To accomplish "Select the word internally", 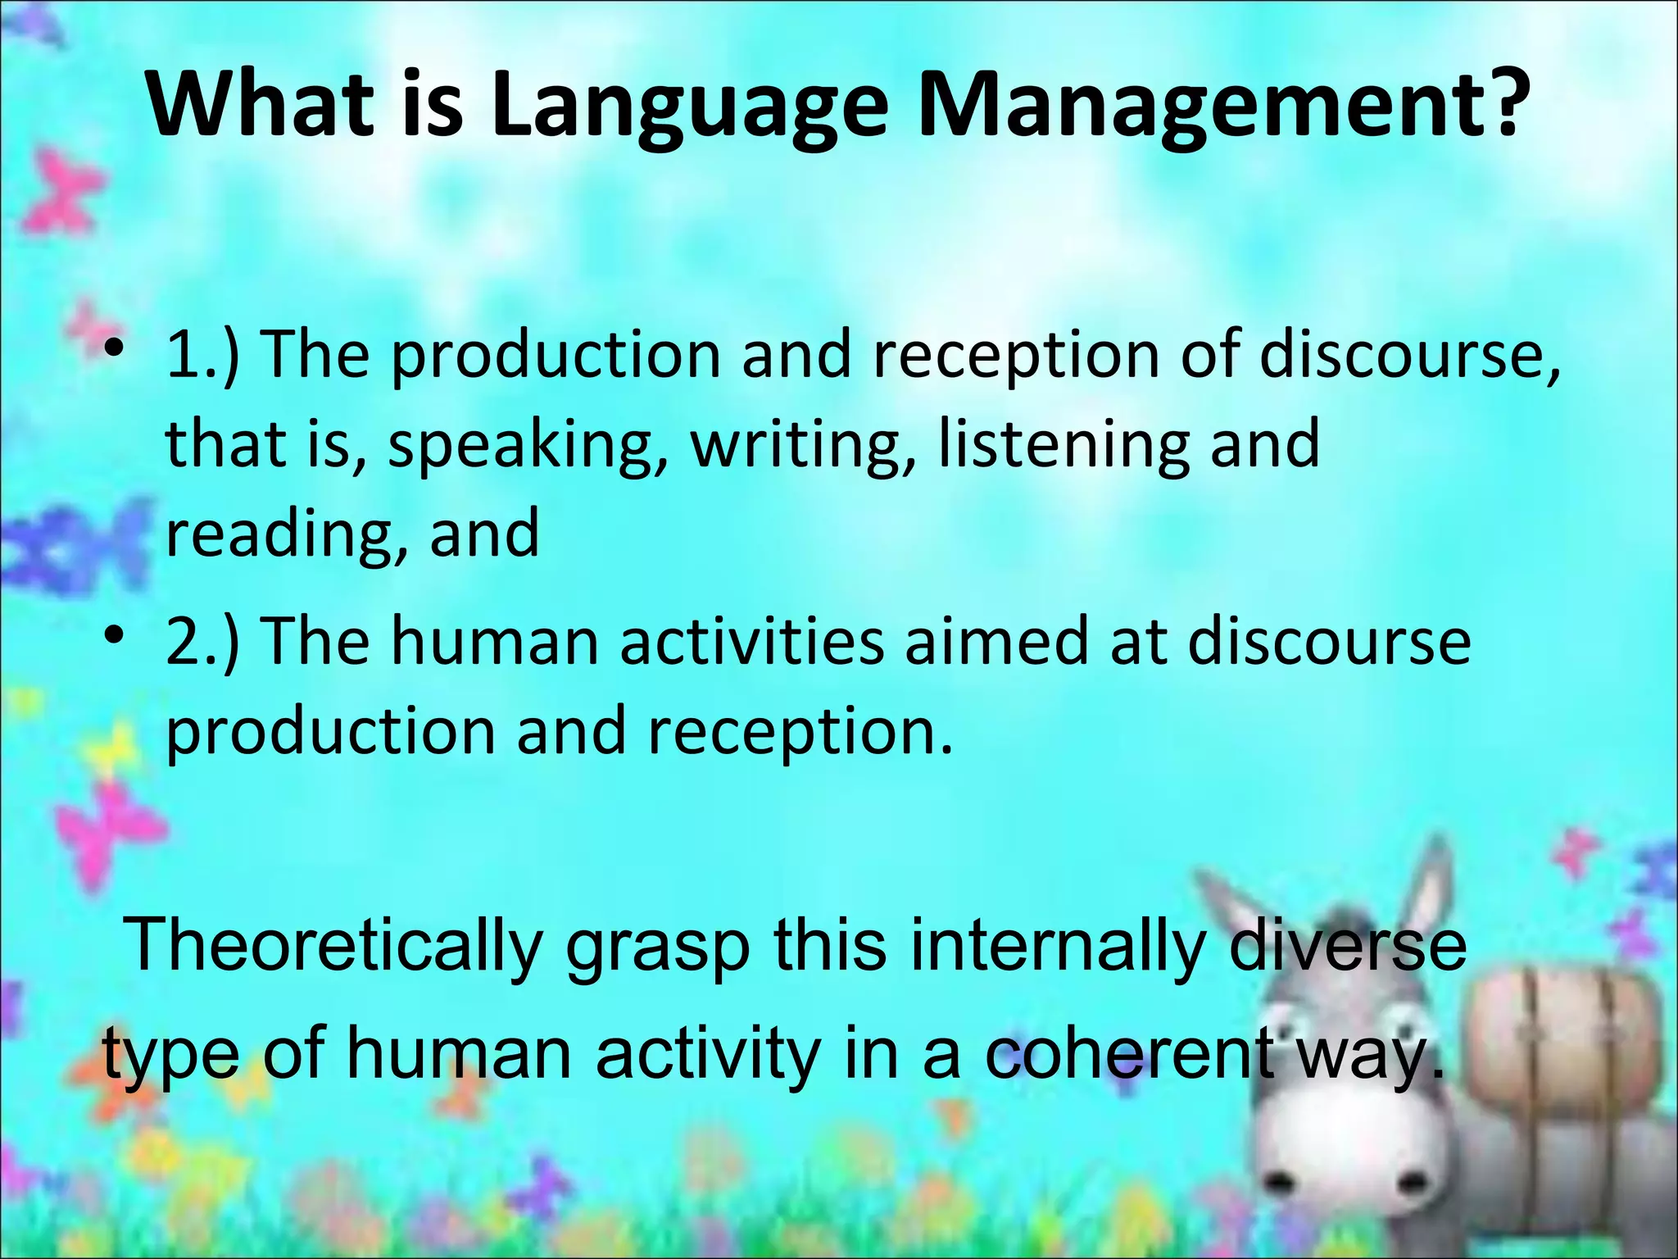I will pos(1057,945).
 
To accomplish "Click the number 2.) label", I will pos(202,641).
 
